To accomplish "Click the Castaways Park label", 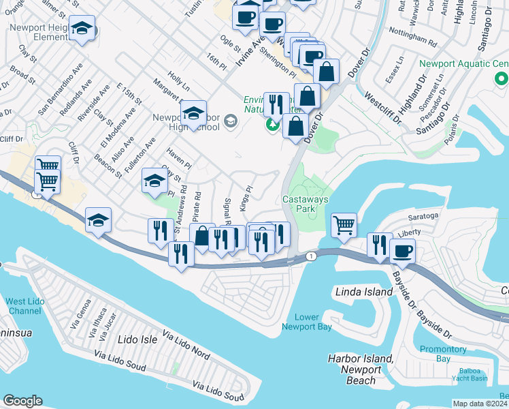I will point(300,204).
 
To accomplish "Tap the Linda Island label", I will point(364,292).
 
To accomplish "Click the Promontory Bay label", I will point(442,354).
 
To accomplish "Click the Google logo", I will point(22,401).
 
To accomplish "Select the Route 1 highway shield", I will point(311,256).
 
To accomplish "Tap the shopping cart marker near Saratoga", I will point(344,224).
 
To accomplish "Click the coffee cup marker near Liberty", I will point(402,251).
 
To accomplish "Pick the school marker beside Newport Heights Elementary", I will point(82,29).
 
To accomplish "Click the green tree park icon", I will point(273,124).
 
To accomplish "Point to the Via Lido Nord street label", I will point(186,344).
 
